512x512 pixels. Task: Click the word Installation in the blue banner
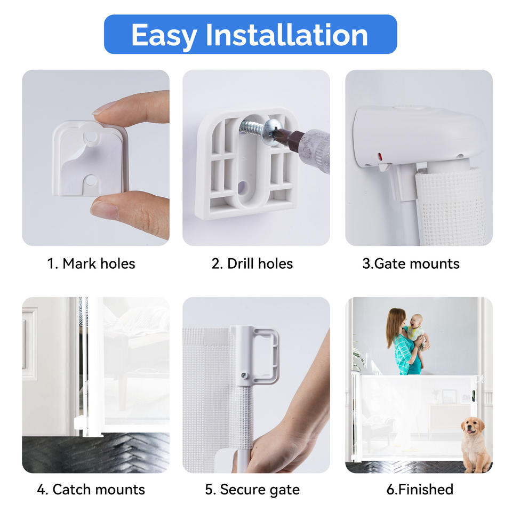pos(287,35)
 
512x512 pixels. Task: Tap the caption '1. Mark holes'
pos(91,263)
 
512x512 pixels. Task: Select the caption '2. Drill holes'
pos(252,263)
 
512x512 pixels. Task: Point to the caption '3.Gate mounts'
pos(411,263)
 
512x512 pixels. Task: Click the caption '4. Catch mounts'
pos(91,490)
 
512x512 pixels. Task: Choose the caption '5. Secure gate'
pos(252,490)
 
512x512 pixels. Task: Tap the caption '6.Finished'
pos(420,490)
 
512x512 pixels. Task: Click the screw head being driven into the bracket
pos(271,132)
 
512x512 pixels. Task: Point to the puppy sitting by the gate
pos(475,445)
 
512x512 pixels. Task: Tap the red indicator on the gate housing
pos(380,156)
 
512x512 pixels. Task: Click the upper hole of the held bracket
pos(91,135)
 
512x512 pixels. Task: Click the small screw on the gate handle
pos(244,375)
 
